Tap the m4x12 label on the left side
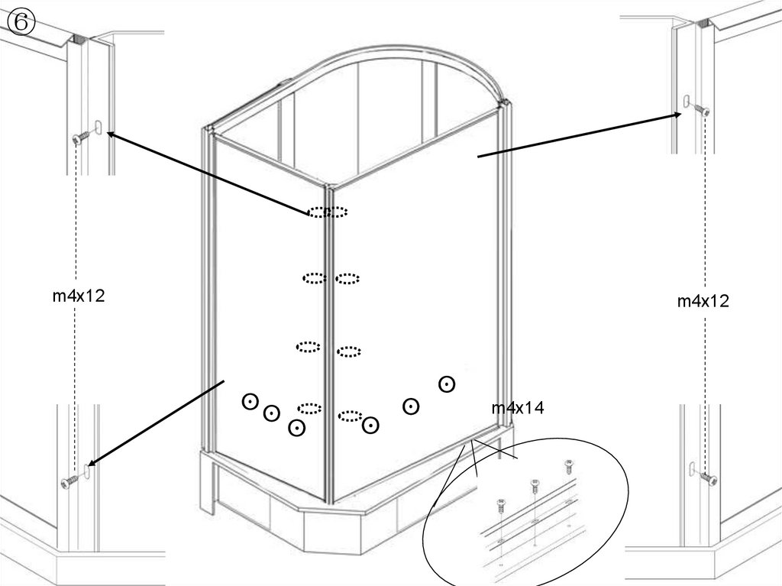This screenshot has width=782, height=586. pos(79,296)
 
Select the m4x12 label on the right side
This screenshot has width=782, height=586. pos(703,301)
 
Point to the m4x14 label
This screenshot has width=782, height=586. pos(518,408)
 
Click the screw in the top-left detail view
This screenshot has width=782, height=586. pos(82,136)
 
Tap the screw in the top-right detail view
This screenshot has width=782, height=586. pos(702,110)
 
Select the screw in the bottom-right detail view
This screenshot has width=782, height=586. pos(708,478)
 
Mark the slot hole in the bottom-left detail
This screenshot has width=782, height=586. pos(87,471)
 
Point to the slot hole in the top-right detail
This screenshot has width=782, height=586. pos(687,102)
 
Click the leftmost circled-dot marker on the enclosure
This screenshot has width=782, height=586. pos(250,401)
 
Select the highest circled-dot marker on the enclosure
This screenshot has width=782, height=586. pos(446,384)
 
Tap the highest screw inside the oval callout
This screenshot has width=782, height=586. pos(568,466)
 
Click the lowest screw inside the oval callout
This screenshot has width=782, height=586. pos(501,505)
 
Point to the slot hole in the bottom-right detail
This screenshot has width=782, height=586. pos(692,468)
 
